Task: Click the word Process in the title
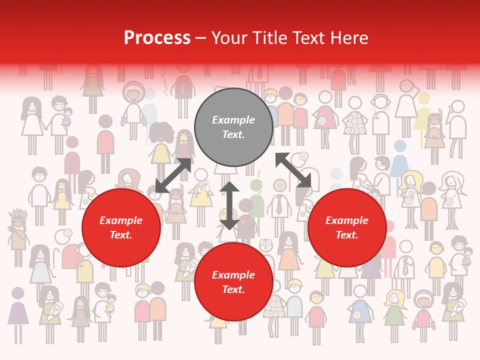(157, 38)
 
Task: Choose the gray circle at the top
(233, 127)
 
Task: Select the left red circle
(121, 228)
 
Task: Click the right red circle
(347, 228)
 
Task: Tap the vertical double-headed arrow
(229, 205)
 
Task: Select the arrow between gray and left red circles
(173, 175)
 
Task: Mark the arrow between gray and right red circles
(293, 170)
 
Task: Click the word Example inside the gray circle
(233, 120)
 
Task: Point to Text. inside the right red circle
(347, 235)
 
